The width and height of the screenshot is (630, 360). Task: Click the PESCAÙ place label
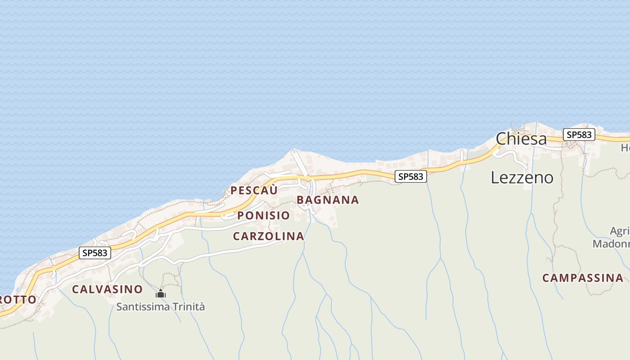pos(254,190)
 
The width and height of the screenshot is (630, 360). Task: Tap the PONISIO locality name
pos(263,216)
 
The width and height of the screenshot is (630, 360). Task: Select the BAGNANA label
pos(328,200)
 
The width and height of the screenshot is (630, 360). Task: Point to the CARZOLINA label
pos(268,236)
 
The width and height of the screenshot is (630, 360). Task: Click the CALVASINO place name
pos(107,289)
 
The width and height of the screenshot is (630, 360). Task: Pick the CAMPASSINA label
pos(583,278)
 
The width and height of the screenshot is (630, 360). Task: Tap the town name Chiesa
pos(521,139)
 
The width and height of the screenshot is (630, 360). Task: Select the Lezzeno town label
pos(522,177)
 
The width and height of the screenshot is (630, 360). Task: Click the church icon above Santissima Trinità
pos(161,294)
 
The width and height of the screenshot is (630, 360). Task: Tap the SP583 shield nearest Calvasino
pos(94,253)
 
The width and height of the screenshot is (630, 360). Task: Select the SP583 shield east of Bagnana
pos(410,177)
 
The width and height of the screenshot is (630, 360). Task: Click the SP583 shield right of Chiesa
pos(579,135)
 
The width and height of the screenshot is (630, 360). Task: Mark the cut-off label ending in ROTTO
pos(18,300)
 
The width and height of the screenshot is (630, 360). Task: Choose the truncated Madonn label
pos(611,244)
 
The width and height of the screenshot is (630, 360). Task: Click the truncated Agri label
pos(619,231)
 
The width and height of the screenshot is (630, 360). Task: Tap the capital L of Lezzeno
pos(494,177)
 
